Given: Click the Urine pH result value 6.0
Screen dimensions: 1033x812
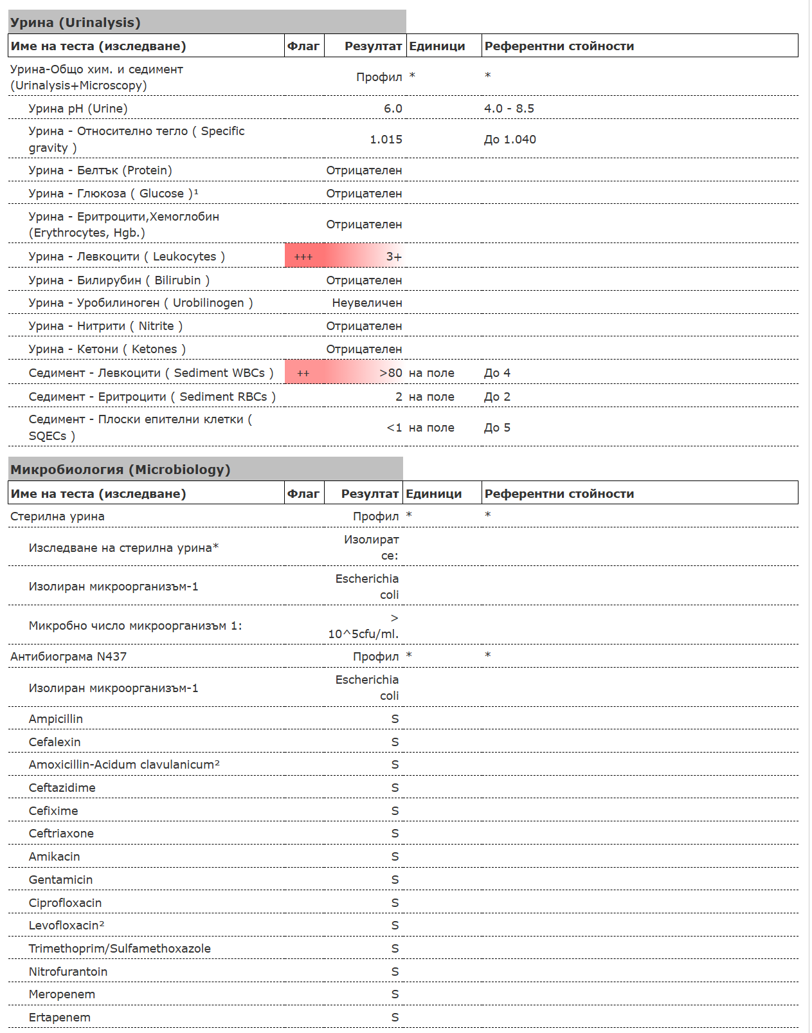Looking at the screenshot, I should [393, 109].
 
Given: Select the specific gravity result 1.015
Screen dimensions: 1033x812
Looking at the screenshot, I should [386, 140].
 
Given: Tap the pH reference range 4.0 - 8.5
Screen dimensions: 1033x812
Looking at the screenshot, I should [509, 109].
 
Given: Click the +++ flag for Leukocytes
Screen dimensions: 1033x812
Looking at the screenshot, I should [303, 257].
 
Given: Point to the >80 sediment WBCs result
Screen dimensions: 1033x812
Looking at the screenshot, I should [391, 373].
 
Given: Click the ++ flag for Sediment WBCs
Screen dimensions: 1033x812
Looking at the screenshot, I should [303, 374].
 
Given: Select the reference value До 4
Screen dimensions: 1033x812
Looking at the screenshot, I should [497, 373].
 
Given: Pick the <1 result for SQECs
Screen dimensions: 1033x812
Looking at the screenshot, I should [394, 428].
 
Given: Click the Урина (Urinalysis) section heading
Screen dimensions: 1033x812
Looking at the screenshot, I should [75, 23].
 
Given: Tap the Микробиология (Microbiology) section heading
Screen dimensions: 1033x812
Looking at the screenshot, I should [120, 470].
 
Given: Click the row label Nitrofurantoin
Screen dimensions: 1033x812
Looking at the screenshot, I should [68, 972].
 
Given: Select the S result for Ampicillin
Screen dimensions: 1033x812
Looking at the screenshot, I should [395, 719].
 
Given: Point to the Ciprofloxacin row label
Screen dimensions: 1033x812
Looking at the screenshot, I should [65, 903].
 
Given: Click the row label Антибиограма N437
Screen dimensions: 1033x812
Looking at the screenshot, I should [69, 657].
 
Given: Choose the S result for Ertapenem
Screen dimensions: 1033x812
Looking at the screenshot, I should [395, 1018].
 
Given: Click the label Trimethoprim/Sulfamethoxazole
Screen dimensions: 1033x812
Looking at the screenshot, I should [120, 949].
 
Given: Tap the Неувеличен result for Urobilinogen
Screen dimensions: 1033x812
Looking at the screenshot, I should [367, 303].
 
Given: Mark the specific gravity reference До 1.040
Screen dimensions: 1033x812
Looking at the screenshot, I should [510, 140].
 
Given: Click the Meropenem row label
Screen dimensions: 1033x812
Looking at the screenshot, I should [62, 994].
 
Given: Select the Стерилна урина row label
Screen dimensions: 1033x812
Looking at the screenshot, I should [57, 516].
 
